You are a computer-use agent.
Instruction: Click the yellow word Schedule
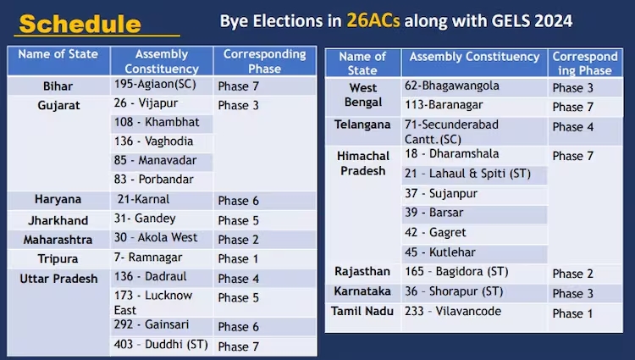[x=80, y=24]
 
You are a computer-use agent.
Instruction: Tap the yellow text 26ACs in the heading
[x=373, y=20]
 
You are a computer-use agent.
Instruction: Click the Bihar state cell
[x=58, y=86]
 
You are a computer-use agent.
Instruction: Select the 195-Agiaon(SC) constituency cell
[x=155, y=84]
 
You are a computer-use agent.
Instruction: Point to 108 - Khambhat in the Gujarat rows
[x=157, y=122]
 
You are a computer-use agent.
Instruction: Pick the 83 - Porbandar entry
[x=154, y=179]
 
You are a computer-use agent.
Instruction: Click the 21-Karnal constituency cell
[x=144, y=199]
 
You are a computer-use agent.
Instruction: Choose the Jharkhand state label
[x=58, y=220]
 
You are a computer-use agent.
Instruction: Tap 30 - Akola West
[x=156, y=237]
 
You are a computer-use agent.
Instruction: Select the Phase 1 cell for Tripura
[x=238, y=258]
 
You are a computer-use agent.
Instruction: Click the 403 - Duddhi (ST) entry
[x=161, y=345]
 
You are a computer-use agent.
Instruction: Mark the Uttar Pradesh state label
[x=58, y=279]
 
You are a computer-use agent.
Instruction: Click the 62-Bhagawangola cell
[x=452, y=86]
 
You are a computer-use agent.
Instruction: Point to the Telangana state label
[x=362, y=125]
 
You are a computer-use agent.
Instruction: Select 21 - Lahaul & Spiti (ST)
[x=467, y=174]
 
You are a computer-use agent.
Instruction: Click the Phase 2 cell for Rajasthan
[x=573, y=274]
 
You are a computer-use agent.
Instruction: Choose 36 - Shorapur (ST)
[x=454, y=291]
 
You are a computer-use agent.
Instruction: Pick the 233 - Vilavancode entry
[x=453, y=311]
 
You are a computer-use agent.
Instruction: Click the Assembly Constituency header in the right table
[x=475, y=57]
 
